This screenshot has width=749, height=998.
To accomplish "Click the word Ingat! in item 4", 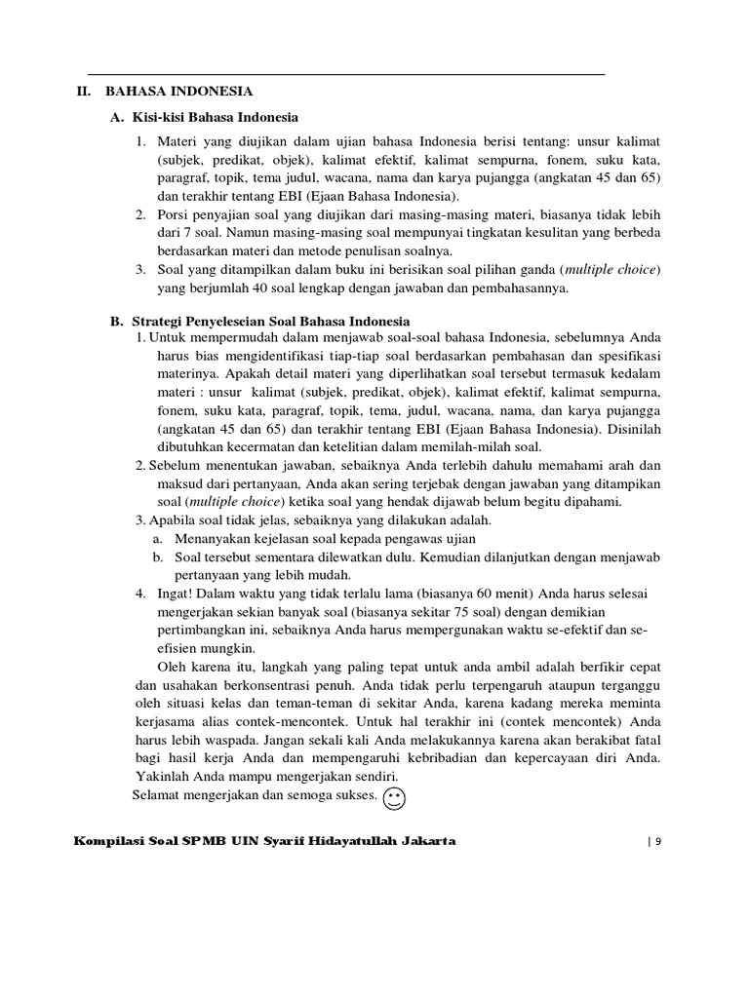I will (176, 594).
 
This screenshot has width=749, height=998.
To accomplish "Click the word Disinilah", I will (628, 429).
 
